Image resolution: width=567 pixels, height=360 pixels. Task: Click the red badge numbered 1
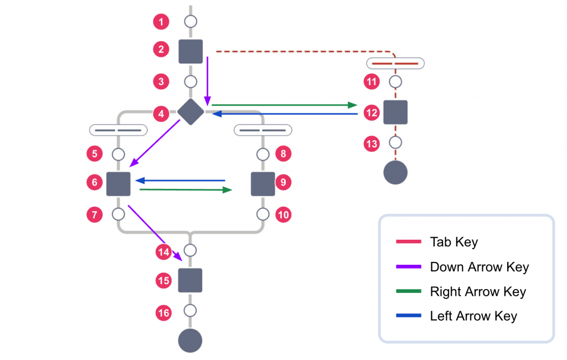[x=161, y=22]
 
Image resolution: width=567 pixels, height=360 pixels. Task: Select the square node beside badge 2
[x=190, y=52]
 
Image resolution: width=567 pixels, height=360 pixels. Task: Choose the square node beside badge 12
[x=395, y=112]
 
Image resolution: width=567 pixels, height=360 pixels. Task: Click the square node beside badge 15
[x=190, y=280]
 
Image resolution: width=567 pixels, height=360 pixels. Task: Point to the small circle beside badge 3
[x=190, y=81]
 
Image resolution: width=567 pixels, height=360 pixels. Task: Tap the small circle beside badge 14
[x=190, y=250]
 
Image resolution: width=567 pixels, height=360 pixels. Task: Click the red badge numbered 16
[x=163, y=313]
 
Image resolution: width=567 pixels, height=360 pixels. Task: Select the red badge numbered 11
[x=372, y=82]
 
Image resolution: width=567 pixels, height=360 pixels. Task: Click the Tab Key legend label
[x=453, y=242]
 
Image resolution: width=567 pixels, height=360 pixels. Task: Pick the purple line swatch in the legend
[x=410, y=267]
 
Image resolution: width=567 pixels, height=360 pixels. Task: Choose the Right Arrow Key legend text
[x=478, y=292]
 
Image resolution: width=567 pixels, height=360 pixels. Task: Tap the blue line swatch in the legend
[x=410, y=316]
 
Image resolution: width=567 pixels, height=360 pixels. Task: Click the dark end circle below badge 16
[x=190, y=340]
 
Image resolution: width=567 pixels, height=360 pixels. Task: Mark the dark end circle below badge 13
[x=395, y=172]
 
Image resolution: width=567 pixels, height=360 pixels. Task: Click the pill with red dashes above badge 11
[x=395, y=63]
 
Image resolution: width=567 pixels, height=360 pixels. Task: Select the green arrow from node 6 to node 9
[x=185, y=190]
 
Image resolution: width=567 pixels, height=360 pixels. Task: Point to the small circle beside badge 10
[x=263, y=214]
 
